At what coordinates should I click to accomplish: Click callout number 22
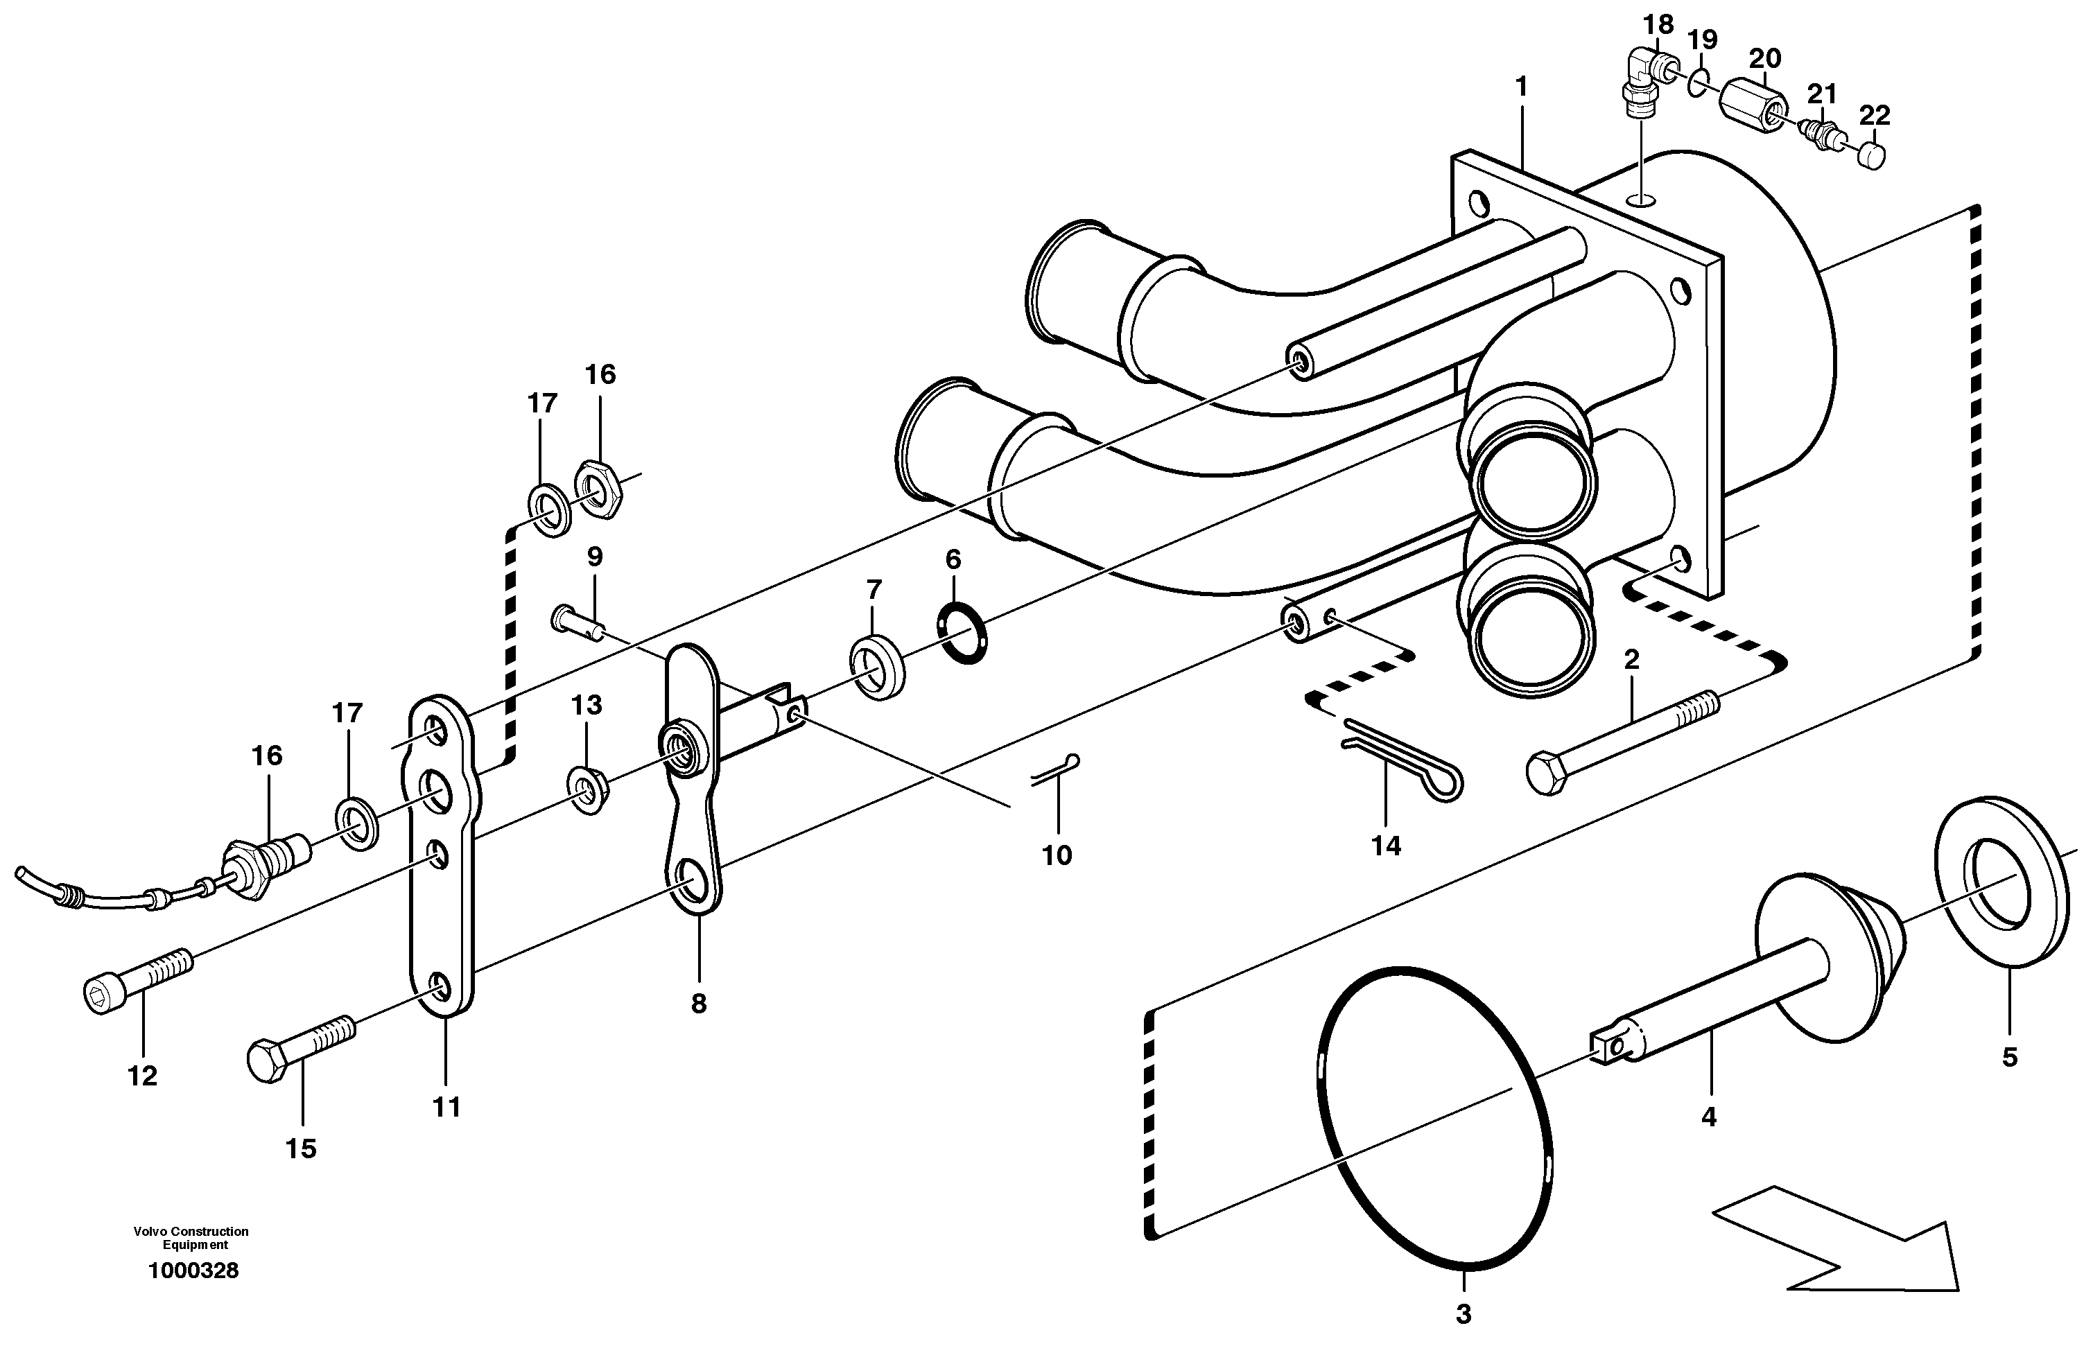(1874, 115)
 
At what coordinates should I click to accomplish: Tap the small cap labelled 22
(1873, 157)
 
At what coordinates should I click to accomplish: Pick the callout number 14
(1385, 846)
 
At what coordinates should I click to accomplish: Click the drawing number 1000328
(193, 1270)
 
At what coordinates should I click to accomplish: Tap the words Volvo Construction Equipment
(191, 1237)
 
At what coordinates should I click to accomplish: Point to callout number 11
(446, 1107)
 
